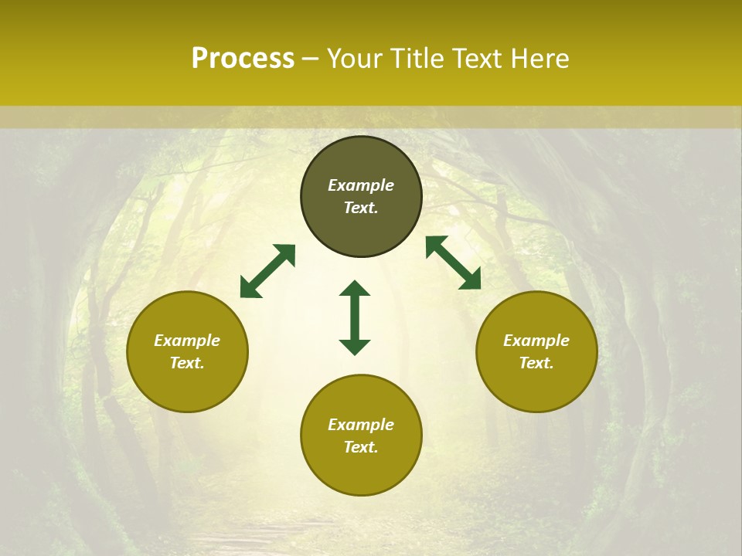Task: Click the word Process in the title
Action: (x=243, y=59)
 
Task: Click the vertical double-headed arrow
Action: (x=355, y=317)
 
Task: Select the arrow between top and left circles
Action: (x=267, y=271)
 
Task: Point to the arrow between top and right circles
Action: (x=453, y=263)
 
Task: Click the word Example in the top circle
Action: (x=361, y=185)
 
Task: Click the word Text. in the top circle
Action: (x=361, y=208)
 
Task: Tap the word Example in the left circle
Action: (x=187, y=341)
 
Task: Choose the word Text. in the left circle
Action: (x=187, y=363)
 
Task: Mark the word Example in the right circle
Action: (x=536, y=341)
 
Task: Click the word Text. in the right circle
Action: (x=536, y=363)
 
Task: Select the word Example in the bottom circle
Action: (x=361, y=425)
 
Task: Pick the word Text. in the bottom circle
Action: (x=361, y=447)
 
